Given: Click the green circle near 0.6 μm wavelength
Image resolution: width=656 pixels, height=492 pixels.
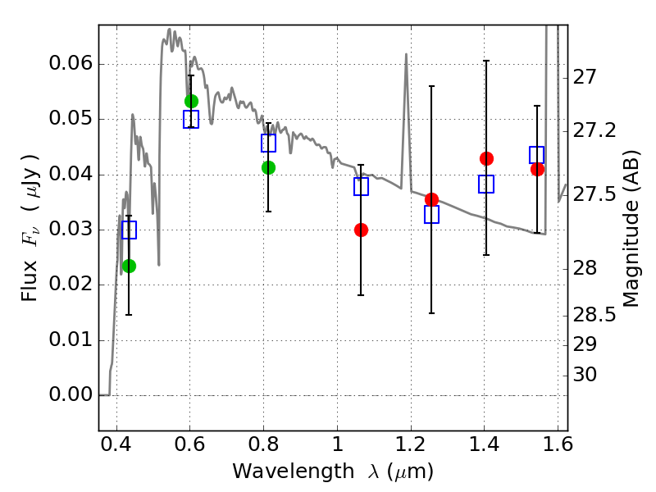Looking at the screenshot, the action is click(x=191, y=101).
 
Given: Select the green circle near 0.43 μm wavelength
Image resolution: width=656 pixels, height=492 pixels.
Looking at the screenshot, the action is click(x=130, y=266).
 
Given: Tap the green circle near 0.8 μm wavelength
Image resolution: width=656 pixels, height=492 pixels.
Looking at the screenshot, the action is click(x=269, y=168).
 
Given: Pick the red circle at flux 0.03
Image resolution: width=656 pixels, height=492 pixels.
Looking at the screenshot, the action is click(x=361, y=230).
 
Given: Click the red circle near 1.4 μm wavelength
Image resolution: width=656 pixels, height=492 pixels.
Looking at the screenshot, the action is click(x=486, y=158).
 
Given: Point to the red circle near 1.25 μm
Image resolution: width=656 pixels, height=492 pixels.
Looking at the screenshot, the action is click(x=432, y=199).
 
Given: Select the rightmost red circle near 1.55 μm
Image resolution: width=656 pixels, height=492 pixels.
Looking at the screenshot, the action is click(x=538, y=169).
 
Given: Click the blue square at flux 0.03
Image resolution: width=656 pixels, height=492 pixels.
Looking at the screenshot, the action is click(x=129, y=230).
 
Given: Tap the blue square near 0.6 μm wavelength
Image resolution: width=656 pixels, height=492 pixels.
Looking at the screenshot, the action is click(x=191, y=119).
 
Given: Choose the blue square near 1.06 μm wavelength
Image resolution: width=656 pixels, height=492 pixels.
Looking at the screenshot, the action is click(x=361, y=186).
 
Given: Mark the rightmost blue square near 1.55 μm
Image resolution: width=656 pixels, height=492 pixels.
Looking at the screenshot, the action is click(x=537, y=155).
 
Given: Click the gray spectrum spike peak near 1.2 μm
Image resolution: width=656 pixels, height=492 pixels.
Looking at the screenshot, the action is click(x=406, y=54).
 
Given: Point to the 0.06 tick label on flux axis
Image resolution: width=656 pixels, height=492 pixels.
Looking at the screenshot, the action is click(x=71, y=64).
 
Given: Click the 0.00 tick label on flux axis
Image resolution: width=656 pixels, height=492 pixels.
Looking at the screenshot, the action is click(x=71, y=394).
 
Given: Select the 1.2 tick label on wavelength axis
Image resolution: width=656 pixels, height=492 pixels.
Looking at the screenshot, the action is click(x=411, y=444).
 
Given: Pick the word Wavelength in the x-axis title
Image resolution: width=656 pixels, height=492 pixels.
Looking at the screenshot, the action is click(x=294, y=471).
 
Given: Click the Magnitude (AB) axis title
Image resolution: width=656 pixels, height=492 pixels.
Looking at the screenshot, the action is click(x=631, y=229).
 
